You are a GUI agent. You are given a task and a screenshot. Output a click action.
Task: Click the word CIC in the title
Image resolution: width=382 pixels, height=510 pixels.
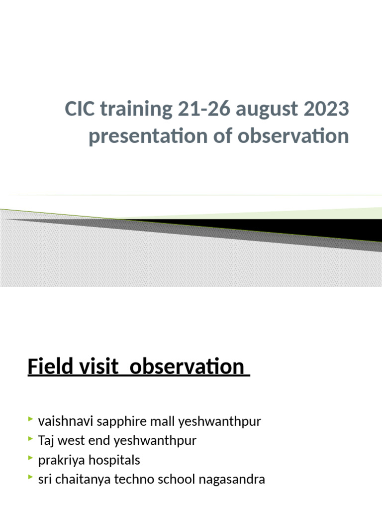coord(80,110)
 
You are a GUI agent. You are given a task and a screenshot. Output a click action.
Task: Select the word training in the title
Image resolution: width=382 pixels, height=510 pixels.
coord(134,110)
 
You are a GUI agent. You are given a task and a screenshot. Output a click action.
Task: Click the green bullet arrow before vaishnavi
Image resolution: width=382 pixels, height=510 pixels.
coord(31,421)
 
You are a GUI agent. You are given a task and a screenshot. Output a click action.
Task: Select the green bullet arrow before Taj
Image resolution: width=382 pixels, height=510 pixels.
coord(31,440)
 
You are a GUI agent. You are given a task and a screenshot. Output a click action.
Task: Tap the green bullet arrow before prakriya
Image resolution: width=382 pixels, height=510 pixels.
coord(31,460)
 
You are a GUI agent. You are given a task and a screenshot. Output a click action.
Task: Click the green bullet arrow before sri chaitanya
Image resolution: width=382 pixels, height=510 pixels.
coord(31,479)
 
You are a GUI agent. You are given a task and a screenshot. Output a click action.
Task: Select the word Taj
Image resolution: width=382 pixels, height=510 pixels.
coord(47,441)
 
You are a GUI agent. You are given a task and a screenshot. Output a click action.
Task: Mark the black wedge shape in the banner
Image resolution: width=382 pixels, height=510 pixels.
coord(298,228)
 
